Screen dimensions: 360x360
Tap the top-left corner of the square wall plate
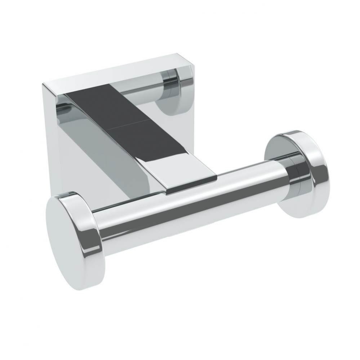(x=43, y=84)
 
